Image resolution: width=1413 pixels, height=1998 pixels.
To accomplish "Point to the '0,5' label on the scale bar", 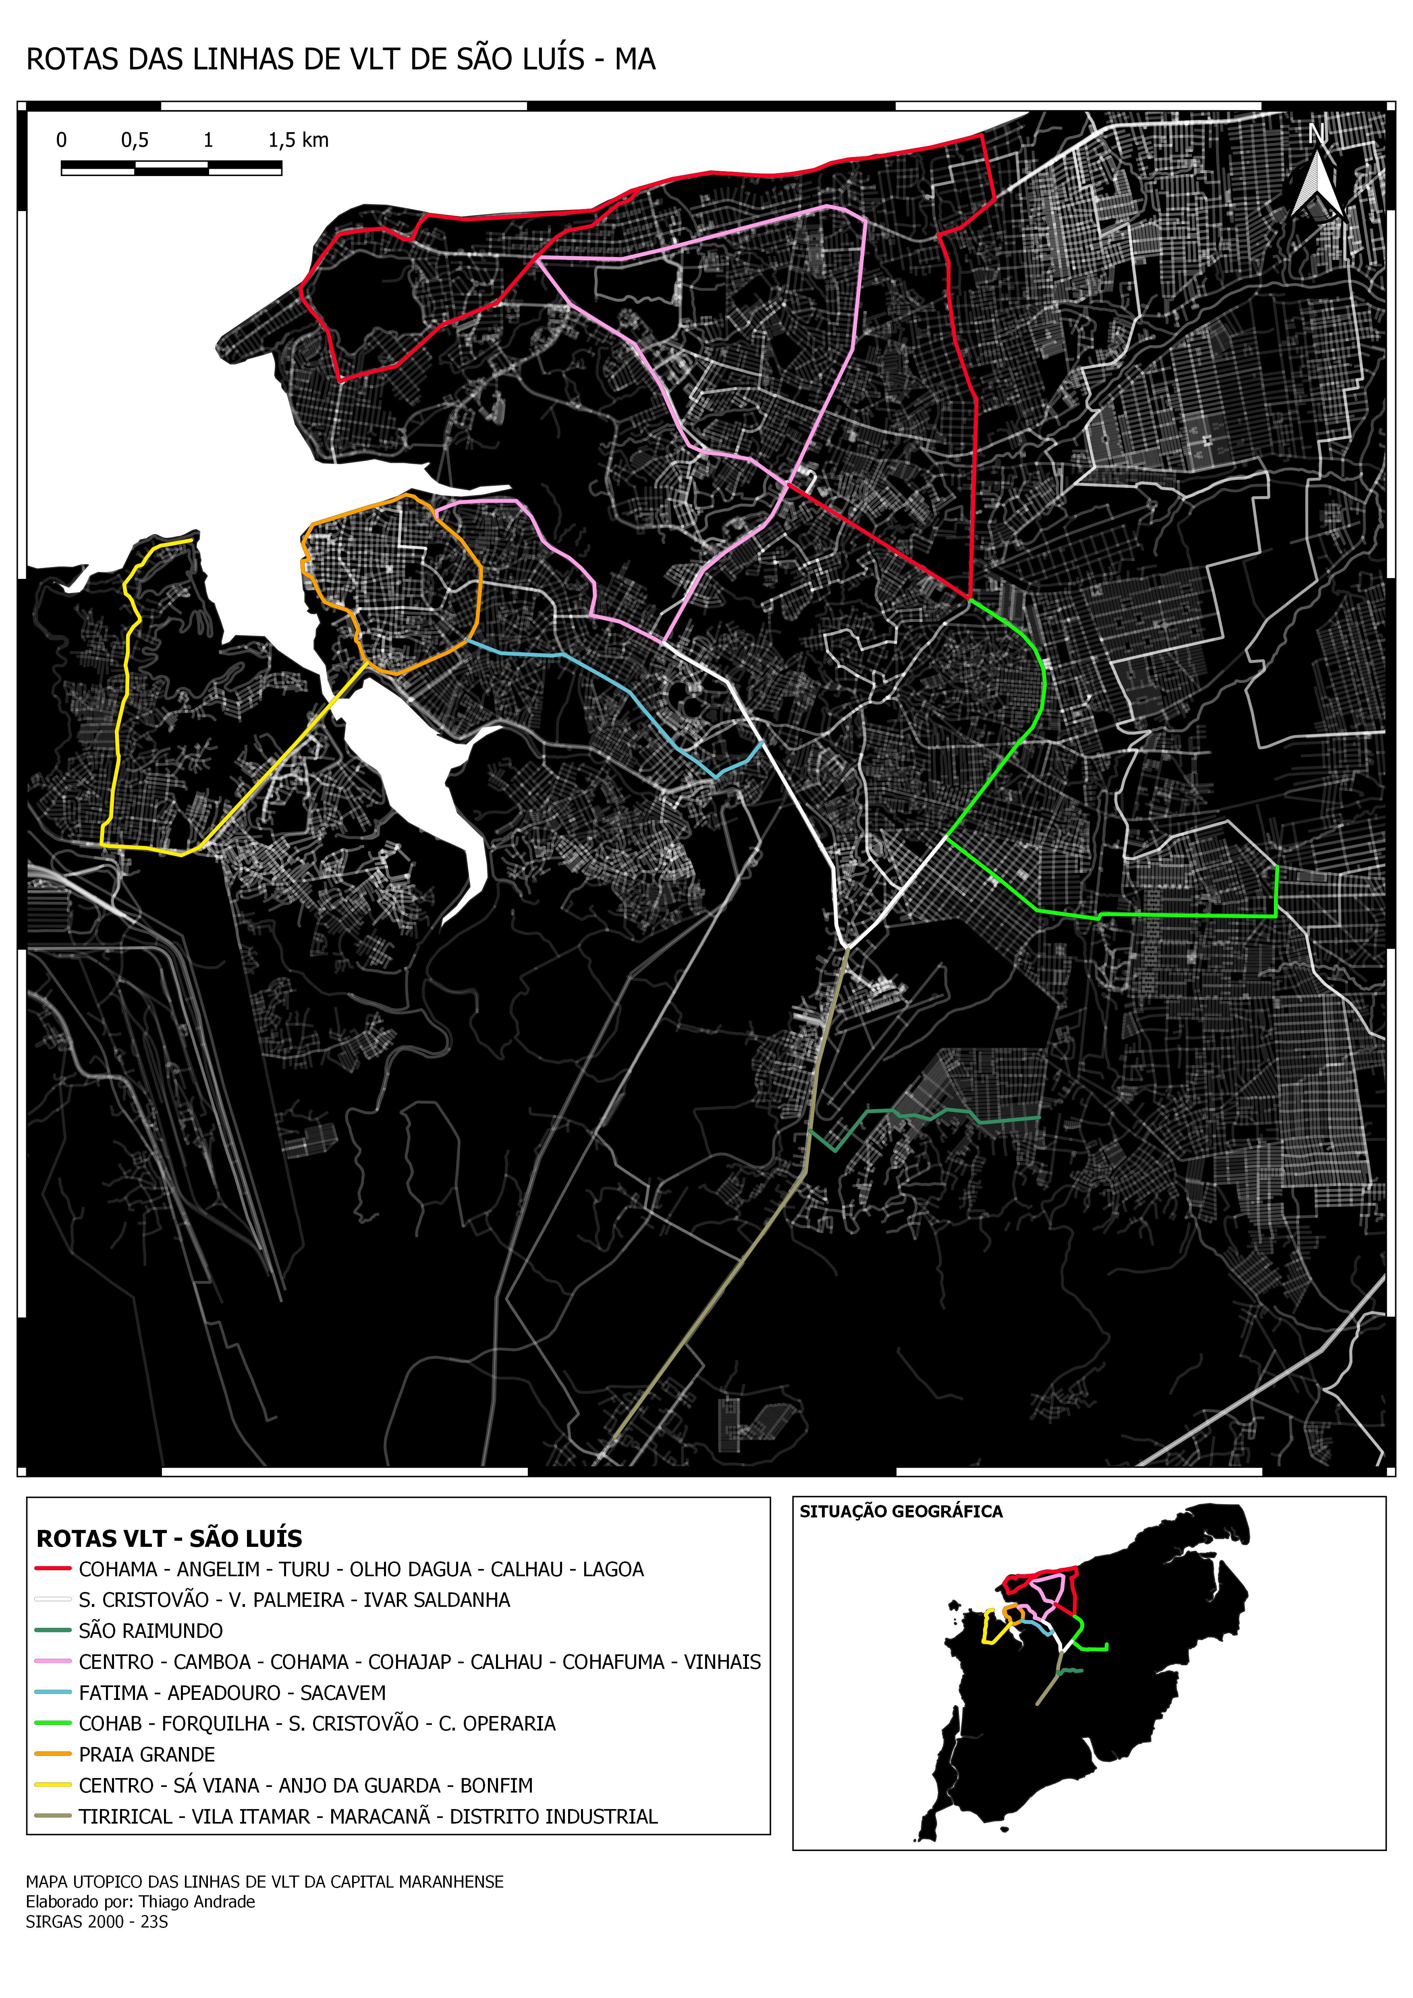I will [135, 140].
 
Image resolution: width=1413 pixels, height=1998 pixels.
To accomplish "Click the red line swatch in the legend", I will [52, 1569].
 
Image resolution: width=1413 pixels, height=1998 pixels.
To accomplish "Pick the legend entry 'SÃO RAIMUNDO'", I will [151, 1631].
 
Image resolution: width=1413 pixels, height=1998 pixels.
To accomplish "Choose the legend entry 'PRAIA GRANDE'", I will [146, 1754].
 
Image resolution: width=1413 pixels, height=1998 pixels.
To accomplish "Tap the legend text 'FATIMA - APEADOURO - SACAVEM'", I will [232, 1693].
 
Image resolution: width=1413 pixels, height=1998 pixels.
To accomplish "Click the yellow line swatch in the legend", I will [52, 1785].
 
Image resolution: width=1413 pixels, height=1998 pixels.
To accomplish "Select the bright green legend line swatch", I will [52, 1723].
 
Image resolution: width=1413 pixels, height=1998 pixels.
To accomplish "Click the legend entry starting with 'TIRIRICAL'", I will [367, 1816].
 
